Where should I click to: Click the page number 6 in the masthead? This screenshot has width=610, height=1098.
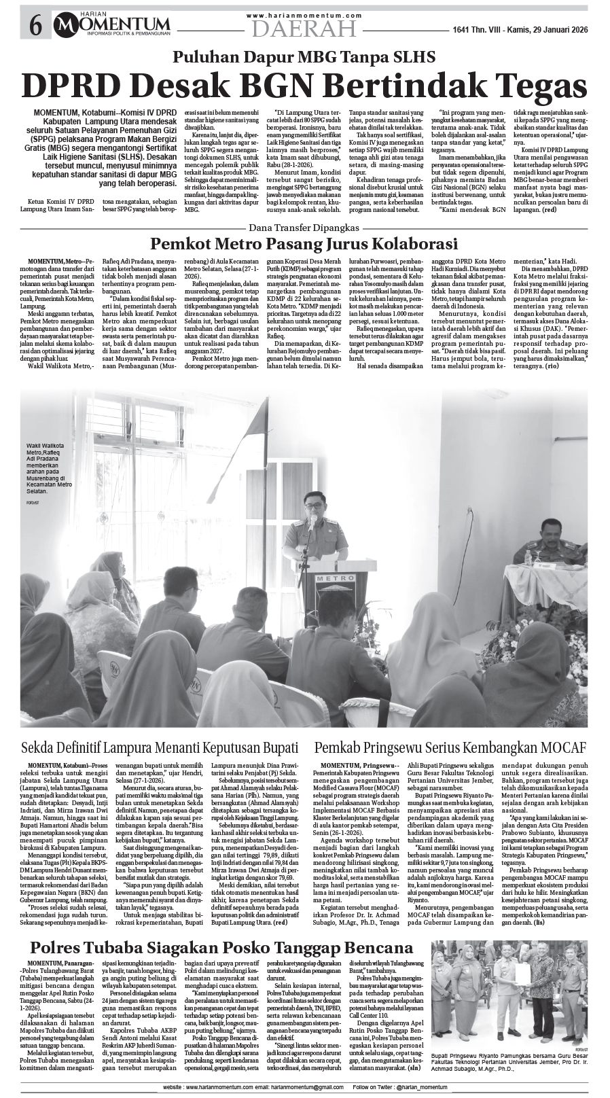coord(35,26)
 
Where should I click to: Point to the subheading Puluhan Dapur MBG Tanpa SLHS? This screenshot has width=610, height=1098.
coord(304,58)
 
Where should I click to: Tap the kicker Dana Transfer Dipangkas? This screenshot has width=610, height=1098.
coord(304,227)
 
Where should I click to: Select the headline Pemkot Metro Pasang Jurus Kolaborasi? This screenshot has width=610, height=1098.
coord(304,243)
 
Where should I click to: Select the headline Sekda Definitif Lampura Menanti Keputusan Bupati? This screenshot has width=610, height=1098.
coord(160,748)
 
